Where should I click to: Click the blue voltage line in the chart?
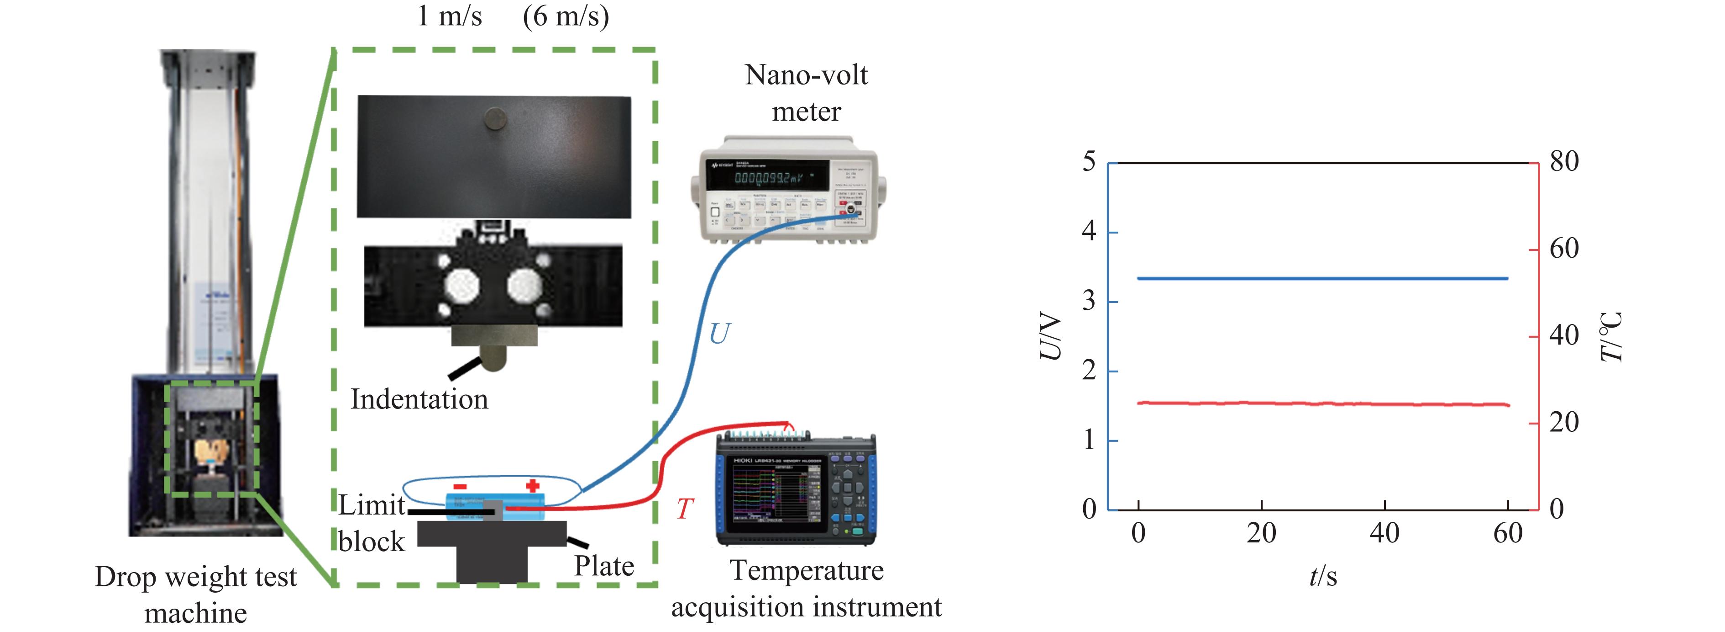point(1322,278)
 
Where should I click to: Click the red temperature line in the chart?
point(1322,404)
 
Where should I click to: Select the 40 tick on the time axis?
point(1384,533)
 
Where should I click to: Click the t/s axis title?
point(1322,576)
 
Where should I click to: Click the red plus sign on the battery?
point(532,485)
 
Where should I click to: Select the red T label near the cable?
point(684,510)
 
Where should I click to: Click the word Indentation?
point(419,399)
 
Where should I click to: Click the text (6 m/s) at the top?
point(566,16)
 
